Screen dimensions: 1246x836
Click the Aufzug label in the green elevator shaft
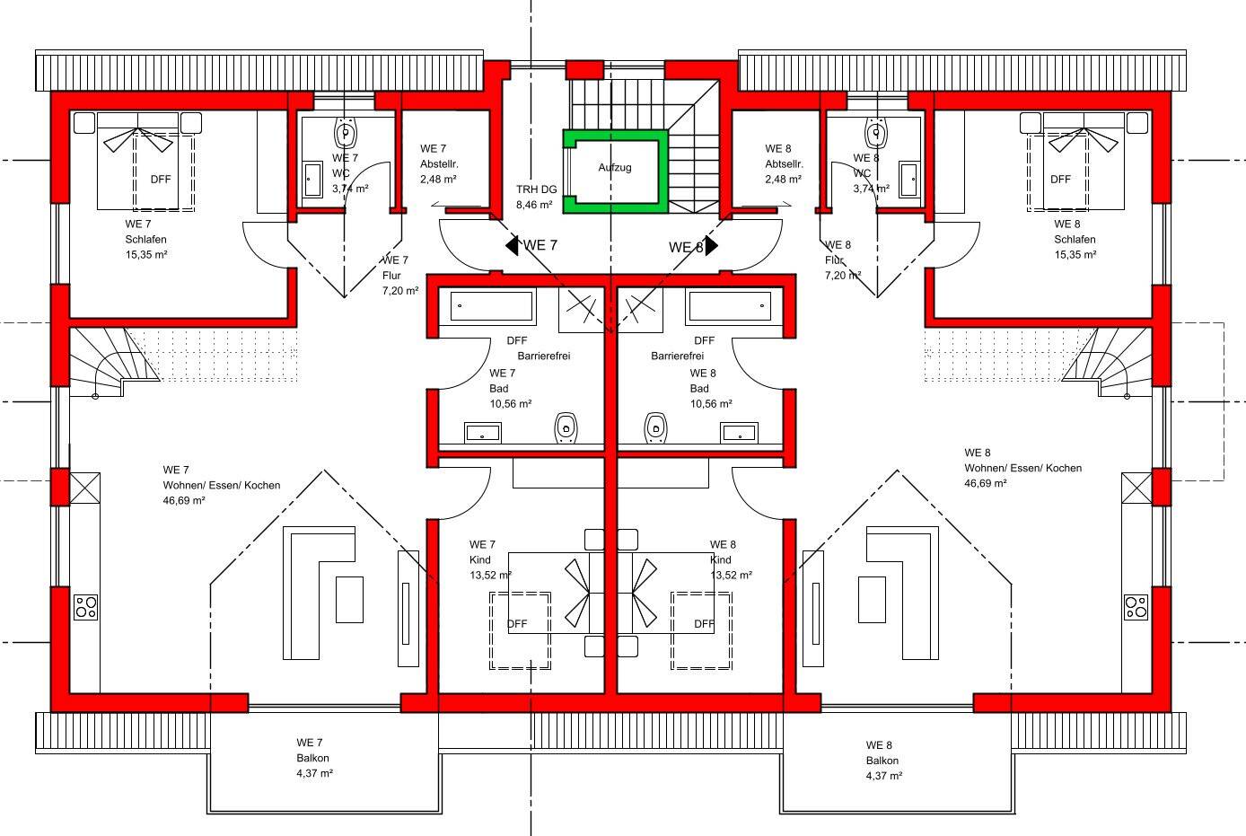pos(615,168)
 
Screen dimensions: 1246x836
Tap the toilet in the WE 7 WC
pos(346,133)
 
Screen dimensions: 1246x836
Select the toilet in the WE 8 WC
pos(877,133)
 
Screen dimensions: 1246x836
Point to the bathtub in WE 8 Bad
pos(731,306)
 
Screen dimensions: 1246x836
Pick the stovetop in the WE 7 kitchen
pos(85,607)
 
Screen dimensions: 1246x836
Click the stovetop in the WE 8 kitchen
pos(1136,607)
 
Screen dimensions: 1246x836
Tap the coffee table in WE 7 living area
pos(349,600)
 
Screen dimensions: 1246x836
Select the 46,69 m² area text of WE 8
pos(985,484)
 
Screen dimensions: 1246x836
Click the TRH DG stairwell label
pos(536,189)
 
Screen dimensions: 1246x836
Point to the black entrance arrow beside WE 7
pos(512,245)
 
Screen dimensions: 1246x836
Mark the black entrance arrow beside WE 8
pos(712,246)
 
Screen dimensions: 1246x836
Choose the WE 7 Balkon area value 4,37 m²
pos(314,773)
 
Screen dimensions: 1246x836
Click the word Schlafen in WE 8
pos(1075,240)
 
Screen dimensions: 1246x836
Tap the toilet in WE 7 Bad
pos(566,428)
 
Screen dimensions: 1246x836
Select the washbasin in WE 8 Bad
pos(740,433)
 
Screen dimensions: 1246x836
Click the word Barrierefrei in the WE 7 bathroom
pos(543,356)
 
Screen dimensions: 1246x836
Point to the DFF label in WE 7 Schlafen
pos(161,180)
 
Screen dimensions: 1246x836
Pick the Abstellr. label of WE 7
pos(439,164)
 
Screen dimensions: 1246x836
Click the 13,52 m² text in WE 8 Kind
pos(731,575)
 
